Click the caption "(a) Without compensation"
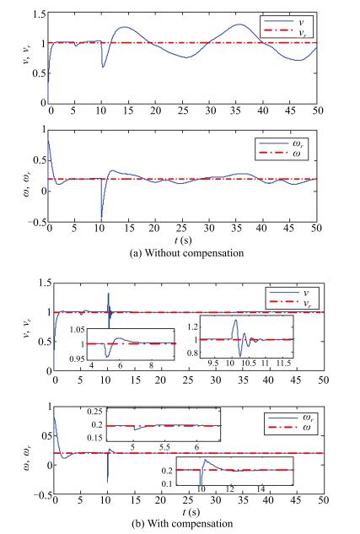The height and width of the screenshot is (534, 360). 186,253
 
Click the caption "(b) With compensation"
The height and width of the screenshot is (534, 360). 182,523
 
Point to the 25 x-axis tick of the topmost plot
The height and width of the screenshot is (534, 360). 183,111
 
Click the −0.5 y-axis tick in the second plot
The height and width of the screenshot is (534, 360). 36,222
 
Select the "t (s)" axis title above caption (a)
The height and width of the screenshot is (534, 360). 183,240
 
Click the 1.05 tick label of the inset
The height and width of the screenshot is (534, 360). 77,329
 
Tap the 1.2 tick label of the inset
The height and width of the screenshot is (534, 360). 191,327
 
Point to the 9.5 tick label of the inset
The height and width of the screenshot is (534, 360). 213,363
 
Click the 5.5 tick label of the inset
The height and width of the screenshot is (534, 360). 164,447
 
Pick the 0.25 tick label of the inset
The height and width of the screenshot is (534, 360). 95,412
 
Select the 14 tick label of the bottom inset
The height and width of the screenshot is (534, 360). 261,489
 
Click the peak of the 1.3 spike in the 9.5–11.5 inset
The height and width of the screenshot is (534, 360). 235,320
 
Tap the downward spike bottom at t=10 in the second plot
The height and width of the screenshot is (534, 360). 101,218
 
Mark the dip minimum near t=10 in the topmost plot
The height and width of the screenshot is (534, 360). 103,67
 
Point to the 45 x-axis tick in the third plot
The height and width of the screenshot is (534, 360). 295,380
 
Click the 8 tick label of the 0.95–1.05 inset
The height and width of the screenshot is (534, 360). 152,366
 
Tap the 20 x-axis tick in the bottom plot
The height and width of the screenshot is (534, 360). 160,500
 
